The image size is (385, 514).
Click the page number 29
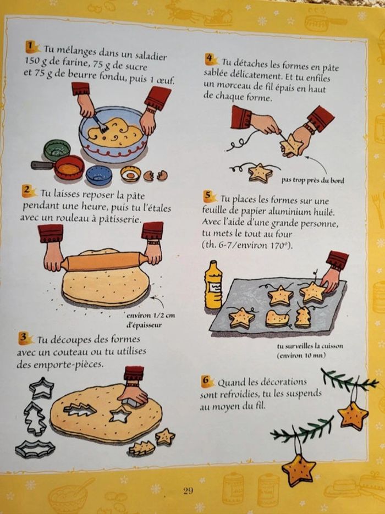coord(188,490)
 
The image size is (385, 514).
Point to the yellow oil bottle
coord(213,285)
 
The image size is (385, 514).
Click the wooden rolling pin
coord(104,261)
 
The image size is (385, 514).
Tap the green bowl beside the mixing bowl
coord(57,150)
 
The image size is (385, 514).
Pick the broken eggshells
coord(156,175)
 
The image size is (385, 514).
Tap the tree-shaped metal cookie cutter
coord(34,418)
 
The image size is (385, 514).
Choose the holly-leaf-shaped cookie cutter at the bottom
coord(35,449)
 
